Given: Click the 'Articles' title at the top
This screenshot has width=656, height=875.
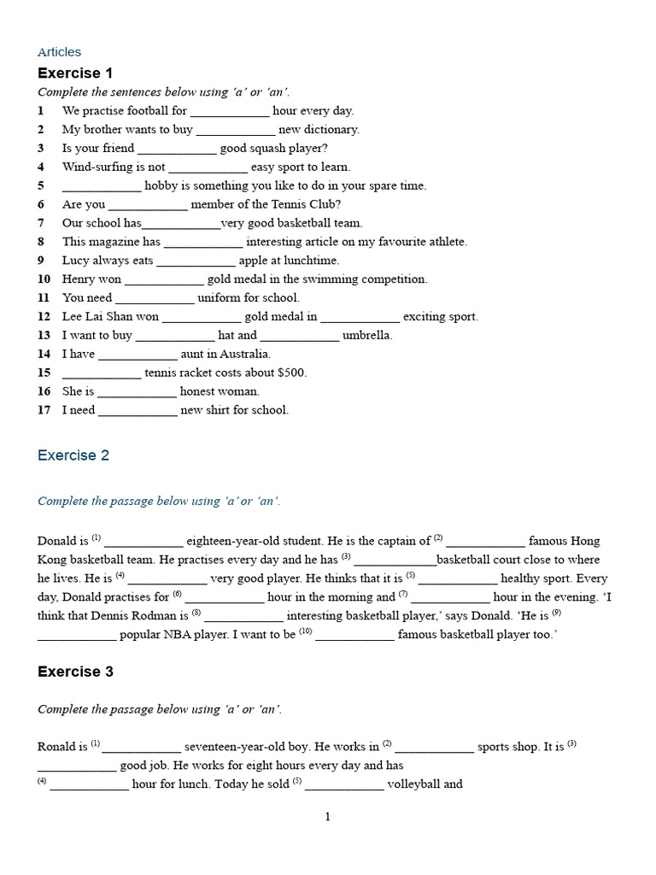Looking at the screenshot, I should pos(59,52).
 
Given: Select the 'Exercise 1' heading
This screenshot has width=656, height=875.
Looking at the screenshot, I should pos(75,73).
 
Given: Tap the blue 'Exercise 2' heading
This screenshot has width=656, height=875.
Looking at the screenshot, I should pos(73,455).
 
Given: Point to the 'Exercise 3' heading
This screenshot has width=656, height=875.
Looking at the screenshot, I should pos(75,672).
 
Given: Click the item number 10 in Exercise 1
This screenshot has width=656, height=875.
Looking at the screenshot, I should pos(44,279).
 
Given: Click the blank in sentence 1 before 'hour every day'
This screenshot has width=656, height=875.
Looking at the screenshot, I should pos(229,111).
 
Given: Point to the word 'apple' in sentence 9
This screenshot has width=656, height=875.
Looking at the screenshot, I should pos(255,261).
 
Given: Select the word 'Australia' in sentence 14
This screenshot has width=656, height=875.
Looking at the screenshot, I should pos(245,354).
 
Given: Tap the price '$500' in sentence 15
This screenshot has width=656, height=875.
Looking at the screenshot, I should pos(291,373).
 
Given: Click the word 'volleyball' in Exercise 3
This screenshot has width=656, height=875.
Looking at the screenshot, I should pos(414,784).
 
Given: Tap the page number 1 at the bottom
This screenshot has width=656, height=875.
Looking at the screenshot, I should pos(327,817).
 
